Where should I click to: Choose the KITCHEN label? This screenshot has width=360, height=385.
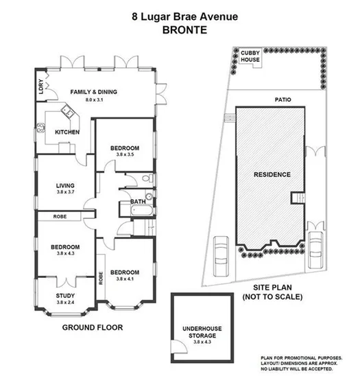[x=67, y=132]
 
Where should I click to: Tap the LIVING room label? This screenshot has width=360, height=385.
[x=69, y=186]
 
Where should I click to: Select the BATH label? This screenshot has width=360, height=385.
[x=137, y=202]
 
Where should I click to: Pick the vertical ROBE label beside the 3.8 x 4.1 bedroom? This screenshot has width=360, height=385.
[x=100, y=278]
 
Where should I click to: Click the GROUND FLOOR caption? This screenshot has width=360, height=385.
[x=93, y=327]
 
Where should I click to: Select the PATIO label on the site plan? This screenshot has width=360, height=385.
[x=283, y=100]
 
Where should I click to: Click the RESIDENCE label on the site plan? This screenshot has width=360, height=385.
[x=272, y=174]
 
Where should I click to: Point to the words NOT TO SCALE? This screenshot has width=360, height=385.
[x=272, y=297]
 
